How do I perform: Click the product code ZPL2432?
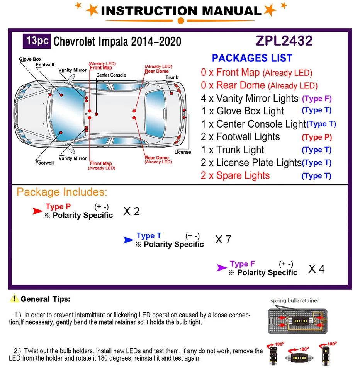point(284,41)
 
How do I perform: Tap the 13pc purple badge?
point(37,41)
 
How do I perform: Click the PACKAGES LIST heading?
point(252,58)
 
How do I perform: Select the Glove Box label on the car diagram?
point(30,60)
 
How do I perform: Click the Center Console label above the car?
point(111,75)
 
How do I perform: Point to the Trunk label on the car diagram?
point(172,77)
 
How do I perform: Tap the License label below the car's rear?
point(183,152)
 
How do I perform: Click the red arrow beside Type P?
point(37,211)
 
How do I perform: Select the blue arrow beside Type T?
point(128,240)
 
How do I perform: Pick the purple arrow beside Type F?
point(222,268)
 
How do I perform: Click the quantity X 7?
point(223,240)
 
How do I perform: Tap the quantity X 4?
point(316,269)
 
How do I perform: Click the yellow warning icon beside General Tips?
point(15,298)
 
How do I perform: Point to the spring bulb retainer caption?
point(295,300)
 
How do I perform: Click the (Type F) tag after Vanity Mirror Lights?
point(317,99)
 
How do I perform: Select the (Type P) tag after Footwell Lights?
point(317,137)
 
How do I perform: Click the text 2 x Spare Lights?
point(235,175)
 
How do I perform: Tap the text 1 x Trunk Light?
point(233,150)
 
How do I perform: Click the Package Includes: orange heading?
point(62,192)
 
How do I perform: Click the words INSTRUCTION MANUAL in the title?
point(181,11)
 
